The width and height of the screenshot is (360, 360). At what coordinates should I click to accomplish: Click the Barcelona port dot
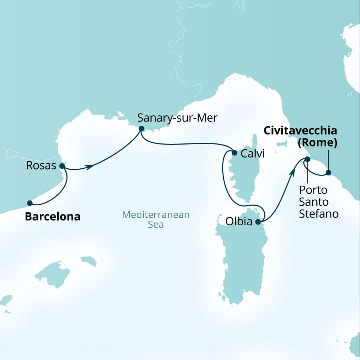point(30,203)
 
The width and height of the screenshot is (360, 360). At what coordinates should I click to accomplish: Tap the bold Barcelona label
point(53,217)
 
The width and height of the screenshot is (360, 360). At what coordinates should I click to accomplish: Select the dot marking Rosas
point(62,166)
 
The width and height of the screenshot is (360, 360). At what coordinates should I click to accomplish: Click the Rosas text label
point(41,166)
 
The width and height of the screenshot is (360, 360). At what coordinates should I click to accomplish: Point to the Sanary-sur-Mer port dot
point(141,129)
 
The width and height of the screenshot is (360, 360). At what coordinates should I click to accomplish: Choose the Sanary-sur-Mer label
point(177,117)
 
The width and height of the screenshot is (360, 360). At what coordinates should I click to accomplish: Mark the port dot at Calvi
point(234,153)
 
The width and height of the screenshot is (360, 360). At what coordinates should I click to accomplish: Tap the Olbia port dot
point(258,222)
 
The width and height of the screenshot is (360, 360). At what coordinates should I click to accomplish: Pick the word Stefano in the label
point(319,214)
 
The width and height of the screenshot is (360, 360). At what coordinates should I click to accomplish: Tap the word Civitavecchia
point(300,131)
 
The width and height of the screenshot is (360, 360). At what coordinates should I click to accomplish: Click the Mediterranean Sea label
point(156,219)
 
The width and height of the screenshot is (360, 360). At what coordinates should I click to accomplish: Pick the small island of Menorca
point(89,261)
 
